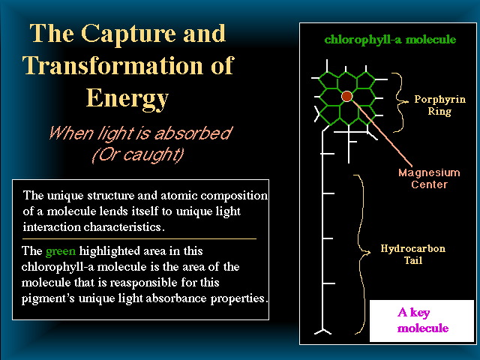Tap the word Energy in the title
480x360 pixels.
pos(127,98)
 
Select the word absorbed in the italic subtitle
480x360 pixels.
pos(193,133)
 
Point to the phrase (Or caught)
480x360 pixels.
pos(138,154)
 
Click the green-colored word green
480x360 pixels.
pos(60,252)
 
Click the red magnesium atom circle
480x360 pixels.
pos(346,96)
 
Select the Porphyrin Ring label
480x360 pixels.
pos(440,105)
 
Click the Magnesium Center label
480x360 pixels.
pos(429,178)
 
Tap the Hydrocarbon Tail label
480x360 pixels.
pos(413,254)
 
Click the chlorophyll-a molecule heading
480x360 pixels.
pos(390,40)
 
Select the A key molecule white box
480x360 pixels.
pos(421,321)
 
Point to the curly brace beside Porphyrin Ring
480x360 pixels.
pos(400,102)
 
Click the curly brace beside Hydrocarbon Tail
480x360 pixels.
pos(361,254)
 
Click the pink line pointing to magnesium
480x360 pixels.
pos(382,133)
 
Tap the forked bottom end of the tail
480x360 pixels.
pos(322,331)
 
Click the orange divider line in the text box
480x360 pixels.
pos(139,238)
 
